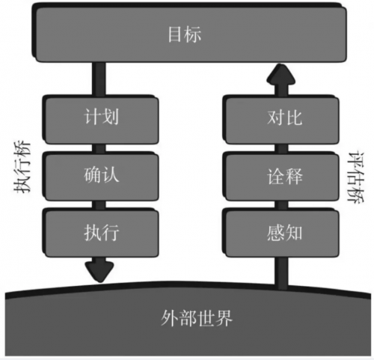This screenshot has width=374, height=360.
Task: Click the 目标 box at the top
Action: (x=189, y=33)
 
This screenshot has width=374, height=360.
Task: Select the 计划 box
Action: (x=101, y=119)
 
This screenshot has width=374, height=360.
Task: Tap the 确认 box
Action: (x=101, y=176)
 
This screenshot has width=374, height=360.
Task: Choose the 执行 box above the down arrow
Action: (x=101, y=233)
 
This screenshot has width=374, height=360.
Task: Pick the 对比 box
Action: (x=281, y=119)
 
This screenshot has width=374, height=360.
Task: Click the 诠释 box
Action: (x=281, y=176)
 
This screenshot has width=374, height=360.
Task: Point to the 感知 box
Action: (x=281, y=233)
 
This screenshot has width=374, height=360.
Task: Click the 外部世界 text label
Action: (x=197, y=318)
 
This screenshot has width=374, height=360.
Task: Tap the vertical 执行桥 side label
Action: (x=22, y=167)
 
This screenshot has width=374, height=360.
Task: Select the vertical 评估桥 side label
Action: (x=356, y=177)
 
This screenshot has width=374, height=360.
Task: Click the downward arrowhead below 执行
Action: (x=99, y=272)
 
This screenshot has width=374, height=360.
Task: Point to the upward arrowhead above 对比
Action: (x=281, y=74)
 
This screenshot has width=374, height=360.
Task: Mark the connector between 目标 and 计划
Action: (x=99, y=79)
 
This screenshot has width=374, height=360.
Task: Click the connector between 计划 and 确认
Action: (x=99, y=148)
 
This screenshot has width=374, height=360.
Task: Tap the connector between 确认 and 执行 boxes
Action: (x=99, y=204)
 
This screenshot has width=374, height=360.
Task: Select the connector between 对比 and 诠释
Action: (x=281, y=148)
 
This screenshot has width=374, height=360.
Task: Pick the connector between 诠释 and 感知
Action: (x=281, y=204)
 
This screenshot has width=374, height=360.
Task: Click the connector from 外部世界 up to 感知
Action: (x=281, y=273)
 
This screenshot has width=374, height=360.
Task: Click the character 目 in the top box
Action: (x=176, y=34)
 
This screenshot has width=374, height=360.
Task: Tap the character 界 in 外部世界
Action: (x=224, y=318)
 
